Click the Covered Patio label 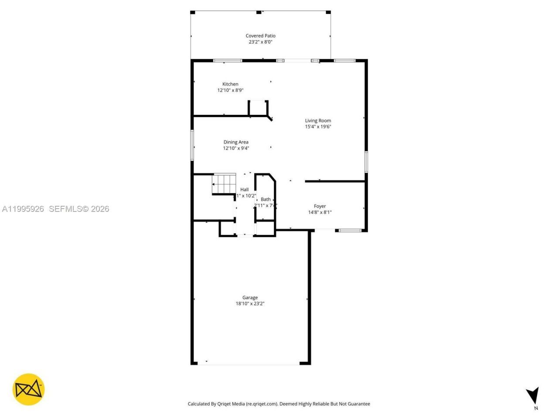[260, 36]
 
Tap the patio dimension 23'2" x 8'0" [260, 42]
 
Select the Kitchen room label [230, 84]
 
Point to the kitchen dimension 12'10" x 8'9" [230, 91]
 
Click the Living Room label [318, 121]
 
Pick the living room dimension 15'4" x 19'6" [318, 127]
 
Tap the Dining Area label [236, 142]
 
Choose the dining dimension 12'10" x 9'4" [236, 148]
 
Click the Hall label [245, 189]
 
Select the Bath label [265, 199]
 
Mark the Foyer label [320, 206]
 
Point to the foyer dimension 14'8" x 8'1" [320, 212]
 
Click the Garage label [250, 297]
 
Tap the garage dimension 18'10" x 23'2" [250, 304]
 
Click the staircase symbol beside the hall [224, 184]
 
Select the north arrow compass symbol [532, 396]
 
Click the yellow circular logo [28, 389]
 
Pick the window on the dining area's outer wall [192, 145]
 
